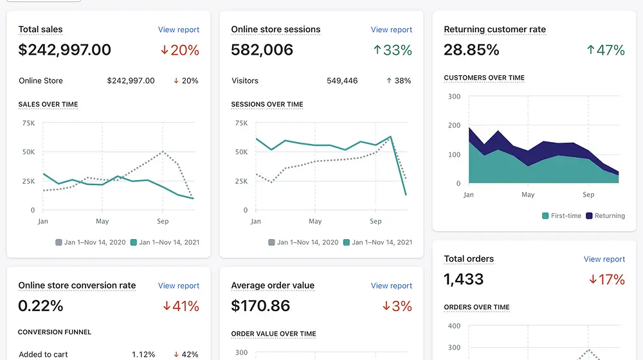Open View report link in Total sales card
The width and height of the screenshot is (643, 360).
(178, 30)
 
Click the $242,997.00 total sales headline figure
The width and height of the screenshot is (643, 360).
(65, 50)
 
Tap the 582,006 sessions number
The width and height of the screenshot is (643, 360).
(262, 50)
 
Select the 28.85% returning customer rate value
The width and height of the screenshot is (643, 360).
(471, 50)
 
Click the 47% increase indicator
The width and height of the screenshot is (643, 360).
(606, 50)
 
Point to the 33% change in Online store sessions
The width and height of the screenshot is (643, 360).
(392, 50)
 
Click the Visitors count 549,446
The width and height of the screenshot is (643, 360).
(342, 81)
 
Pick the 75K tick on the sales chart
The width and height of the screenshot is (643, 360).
(29, 123)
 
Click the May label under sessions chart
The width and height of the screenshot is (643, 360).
(315, 221)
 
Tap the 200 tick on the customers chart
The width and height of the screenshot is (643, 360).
(455, 125)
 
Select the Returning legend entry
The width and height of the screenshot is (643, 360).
(605, 215)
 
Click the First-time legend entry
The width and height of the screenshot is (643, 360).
(561, 215)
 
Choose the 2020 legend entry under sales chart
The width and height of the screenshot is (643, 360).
(90, 242)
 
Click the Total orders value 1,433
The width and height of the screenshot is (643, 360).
(464, 279)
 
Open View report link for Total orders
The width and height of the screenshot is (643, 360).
(604, 259)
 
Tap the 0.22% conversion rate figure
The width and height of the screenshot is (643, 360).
(41, 306)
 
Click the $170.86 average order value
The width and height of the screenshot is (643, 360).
(260, 306)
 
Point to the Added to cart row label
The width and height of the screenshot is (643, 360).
(43, 354)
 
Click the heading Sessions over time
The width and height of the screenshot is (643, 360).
(267, 105)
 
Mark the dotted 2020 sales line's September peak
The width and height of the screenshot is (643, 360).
(163, 151)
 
